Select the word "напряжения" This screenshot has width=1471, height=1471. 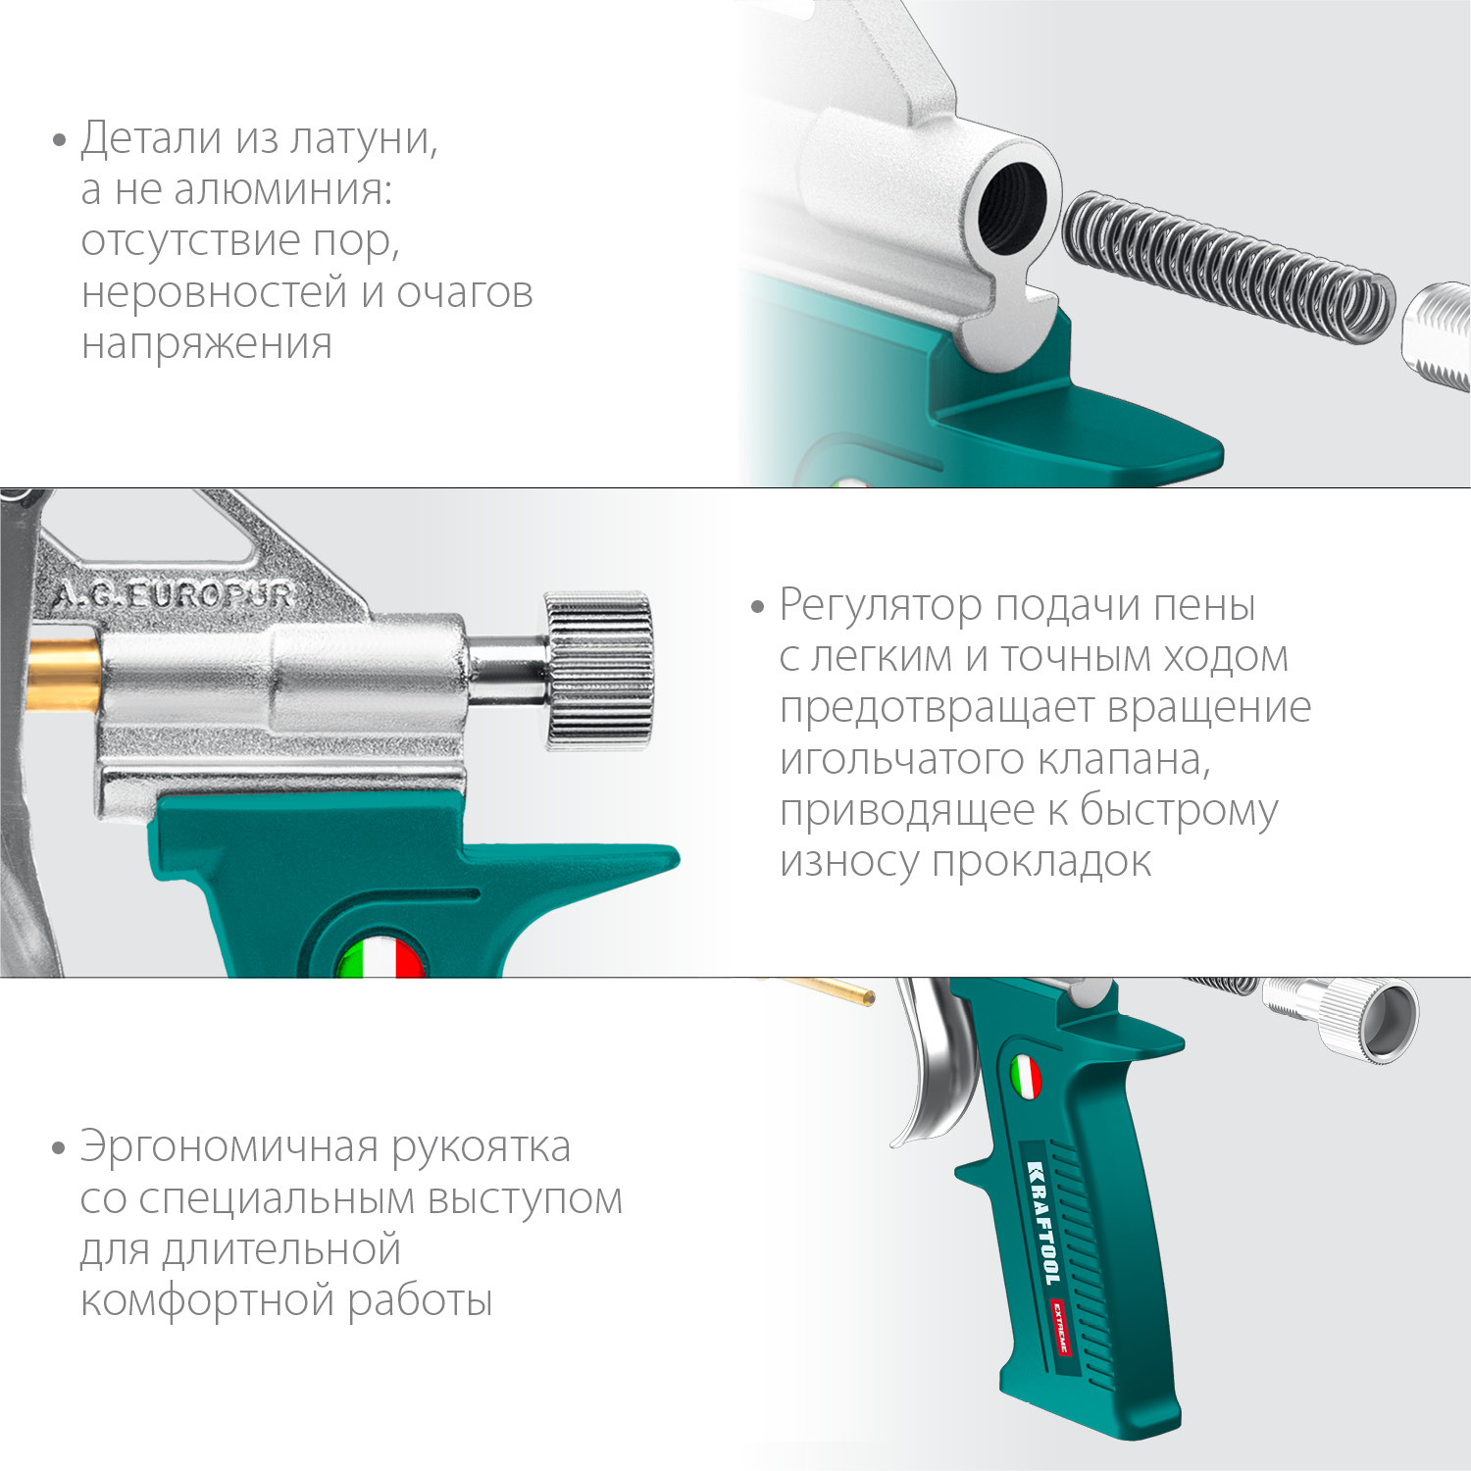(x=207, y=344)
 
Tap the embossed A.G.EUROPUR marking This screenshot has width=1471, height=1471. (x=173, y=595)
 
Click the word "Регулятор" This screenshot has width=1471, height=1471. (x=880, y=605)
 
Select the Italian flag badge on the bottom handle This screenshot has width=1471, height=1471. (x=1025, y=1077)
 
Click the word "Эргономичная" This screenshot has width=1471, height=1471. (x=228, y=1146)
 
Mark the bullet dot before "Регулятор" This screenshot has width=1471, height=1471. (x=757, y=607)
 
